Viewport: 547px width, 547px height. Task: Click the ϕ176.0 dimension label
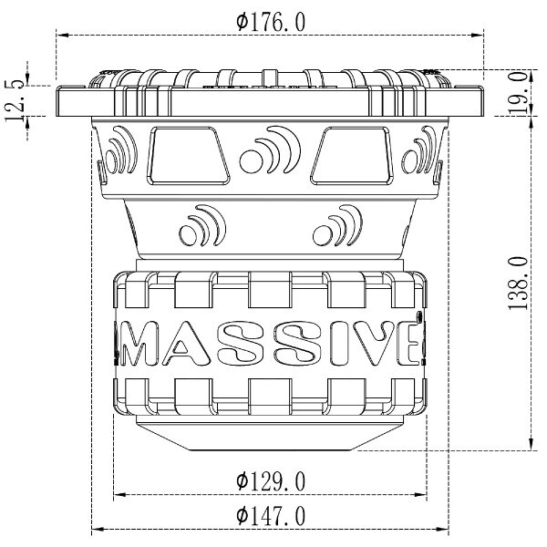[271, 23]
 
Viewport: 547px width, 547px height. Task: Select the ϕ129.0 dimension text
[271, 481]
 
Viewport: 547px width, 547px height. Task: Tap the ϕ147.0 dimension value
[271, 516]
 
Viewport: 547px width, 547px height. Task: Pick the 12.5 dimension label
[15, 101]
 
